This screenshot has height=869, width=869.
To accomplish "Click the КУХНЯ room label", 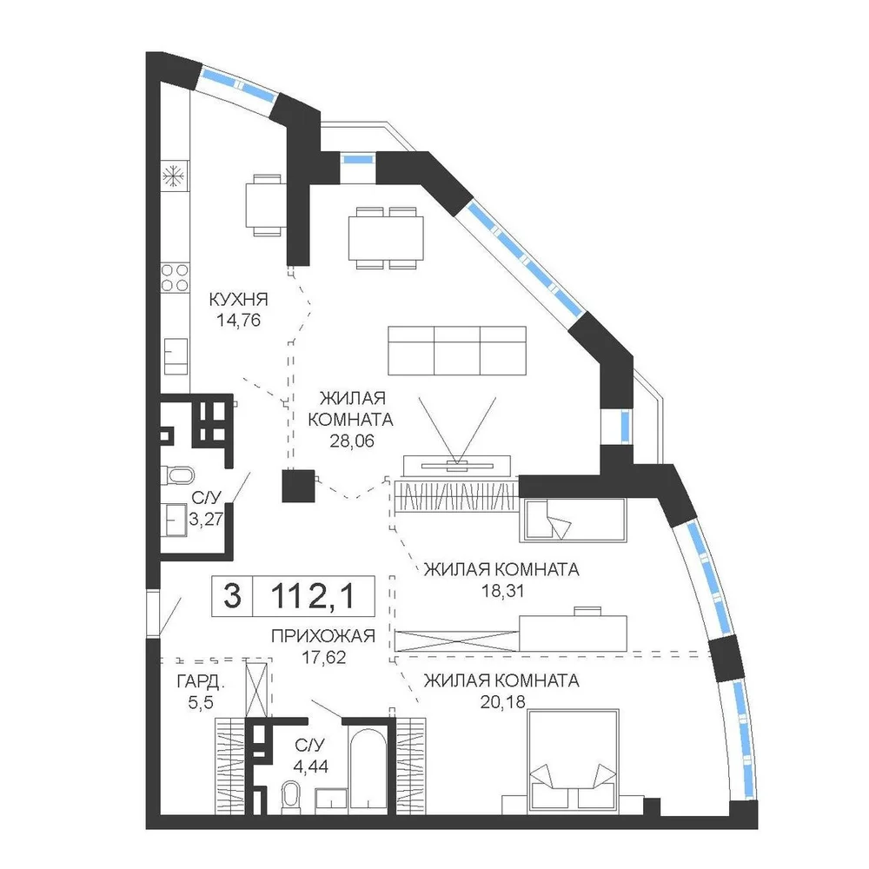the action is click(238, 299).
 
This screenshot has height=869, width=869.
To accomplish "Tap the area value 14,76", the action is click(238, 321).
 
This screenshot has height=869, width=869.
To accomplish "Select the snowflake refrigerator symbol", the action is click(174, 176).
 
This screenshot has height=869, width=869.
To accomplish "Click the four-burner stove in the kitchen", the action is click(175, 278).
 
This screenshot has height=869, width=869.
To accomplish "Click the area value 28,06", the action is click(352, 441).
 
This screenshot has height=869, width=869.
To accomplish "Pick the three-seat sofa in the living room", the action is click(457, 351).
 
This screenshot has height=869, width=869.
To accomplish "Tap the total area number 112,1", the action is click(313, 596).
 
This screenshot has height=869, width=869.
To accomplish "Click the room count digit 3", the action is click(232, 596).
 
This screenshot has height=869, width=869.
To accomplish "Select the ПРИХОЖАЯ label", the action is click(323, 636).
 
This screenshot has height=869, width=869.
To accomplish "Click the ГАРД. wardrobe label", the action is click(201, 681).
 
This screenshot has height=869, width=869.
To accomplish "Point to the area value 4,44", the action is click(311, 766).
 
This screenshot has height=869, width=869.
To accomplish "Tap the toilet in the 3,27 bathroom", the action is click(177, 475).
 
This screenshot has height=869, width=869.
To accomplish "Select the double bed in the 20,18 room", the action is click(573, 761).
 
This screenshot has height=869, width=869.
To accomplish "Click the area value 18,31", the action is click(502, 591).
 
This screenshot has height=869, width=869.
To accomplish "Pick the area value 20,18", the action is click(502, 702).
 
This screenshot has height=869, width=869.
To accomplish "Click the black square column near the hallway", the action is click(298, 486).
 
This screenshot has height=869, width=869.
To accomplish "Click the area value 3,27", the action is click(206, 519).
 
